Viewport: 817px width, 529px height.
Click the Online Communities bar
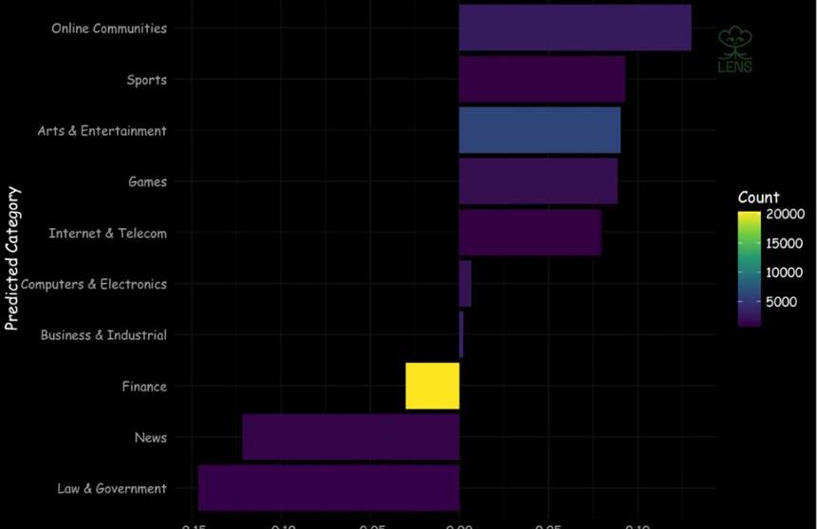(x=575, y=28)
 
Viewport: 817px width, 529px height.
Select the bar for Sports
(x=542, y=79)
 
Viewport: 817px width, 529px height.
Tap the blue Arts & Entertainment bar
(x=540, y=130)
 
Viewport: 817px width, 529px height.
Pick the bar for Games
(x=538, y=180)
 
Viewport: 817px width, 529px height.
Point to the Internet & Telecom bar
(x=530, y=233)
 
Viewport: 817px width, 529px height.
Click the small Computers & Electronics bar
(x=465, y=283)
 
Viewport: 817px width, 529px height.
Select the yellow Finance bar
(x=433, y=386)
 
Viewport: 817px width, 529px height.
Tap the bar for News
(x=351, y=437)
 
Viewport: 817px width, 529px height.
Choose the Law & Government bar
(x=328, y=488)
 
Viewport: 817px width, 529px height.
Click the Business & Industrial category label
(x=103, y=335)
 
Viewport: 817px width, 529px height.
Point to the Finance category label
(x=144, y=387)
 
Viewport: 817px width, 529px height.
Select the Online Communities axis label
(x=109, y=28)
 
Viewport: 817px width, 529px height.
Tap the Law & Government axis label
(x=112, y=489)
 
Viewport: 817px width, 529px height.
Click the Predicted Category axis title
(x=12, y=258)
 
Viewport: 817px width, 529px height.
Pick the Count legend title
(x=758, y=198)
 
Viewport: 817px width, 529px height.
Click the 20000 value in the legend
(x=786, y=215)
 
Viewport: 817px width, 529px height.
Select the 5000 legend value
(x=782, y=303)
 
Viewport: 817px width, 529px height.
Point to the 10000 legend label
(x=786, y=274)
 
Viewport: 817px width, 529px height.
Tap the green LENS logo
(x=735, y=50)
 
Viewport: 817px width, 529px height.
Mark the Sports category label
(x=147, y=80)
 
